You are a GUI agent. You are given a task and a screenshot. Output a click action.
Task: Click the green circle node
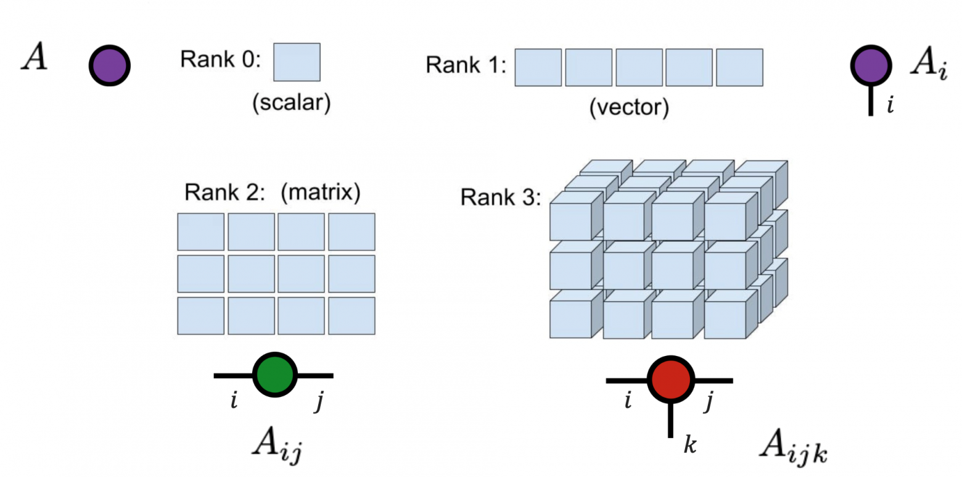tap(275, 375)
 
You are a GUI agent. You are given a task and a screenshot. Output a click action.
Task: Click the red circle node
tap(671, 380)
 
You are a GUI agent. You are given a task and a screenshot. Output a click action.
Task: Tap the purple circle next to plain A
tap(110, 65)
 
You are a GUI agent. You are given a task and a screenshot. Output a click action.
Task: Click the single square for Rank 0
tap(297, 62)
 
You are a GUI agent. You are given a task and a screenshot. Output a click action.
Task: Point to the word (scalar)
tap(291, 102)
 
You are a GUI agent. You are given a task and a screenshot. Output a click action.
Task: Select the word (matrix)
tap(320, 193)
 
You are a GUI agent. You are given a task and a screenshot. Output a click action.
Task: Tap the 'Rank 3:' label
tap(500, 197)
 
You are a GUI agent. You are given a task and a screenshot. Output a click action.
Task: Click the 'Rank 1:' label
tap(466, 65)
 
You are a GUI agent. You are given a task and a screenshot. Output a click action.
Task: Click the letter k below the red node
tap(690, 446)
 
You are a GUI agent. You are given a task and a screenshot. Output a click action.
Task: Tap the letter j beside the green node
tap(319, 402)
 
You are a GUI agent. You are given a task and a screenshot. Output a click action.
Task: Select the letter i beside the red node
tap(627, 402)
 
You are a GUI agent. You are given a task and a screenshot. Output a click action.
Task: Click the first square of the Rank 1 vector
tap(538, 67)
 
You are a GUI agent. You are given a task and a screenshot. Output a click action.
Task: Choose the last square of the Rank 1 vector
tap(739, 67)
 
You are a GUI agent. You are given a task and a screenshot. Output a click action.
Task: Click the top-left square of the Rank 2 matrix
tap(200, 231)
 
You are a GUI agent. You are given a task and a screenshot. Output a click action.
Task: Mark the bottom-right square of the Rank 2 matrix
tap(351, 315)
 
